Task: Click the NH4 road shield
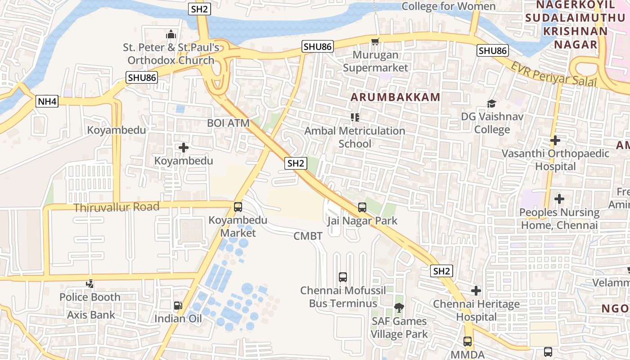point(47,101)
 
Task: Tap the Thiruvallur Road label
point(117,207)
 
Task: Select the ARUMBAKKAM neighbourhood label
point(395,97)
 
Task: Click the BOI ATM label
point(228,123)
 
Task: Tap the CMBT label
point(308,236)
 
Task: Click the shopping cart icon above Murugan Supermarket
point(375,41)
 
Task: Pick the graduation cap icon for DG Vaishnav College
point(491,104)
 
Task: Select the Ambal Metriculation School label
point(355,137)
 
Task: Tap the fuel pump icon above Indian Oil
point(178,306)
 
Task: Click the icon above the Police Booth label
point(90,284)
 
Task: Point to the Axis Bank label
point(91,315)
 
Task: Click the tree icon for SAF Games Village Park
point(399,308)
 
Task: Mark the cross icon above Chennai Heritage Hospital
point(476,291)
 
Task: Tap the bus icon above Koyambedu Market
point(238,207)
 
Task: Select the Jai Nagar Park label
point(362,220)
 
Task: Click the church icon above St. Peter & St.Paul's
point(171,34)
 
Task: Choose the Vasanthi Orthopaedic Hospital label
point(555,160)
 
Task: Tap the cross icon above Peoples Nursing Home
point(559,198)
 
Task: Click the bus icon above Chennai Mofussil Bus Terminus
point(343,277)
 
